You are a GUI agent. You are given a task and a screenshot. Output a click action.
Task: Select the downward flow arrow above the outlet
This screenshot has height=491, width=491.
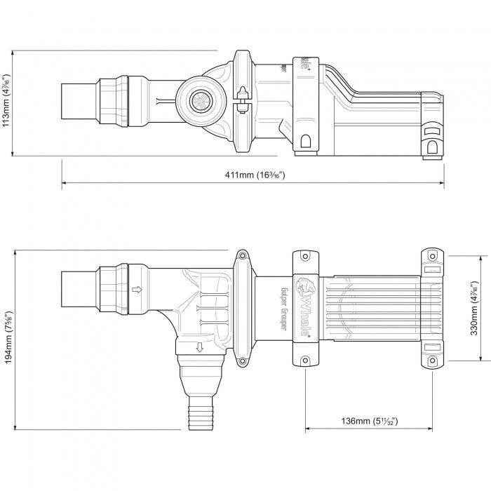[x=200, y=346]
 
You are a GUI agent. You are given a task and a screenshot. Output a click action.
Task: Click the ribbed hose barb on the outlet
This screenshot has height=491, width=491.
[x=195, y=417]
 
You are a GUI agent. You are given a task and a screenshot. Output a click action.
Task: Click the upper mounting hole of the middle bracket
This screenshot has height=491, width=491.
[x=306, y=257]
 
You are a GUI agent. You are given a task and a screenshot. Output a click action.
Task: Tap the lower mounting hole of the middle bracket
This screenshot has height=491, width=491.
[x=306, y=362]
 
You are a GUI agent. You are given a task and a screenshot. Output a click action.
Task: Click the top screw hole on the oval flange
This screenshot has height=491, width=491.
[x=243, y=257]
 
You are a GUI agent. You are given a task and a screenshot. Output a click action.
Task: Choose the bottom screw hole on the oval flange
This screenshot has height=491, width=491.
[x=243, y=362]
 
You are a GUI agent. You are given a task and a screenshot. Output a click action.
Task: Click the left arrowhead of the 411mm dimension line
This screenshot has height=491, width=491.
[x=65, y=184]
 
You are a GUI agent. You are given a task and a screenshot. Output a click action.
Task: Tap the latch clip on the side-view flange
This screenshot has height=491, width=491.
[x=241, y=97]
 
